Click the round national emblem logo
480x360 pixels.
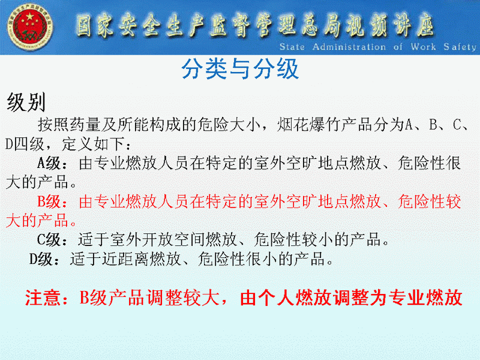click(29, 27)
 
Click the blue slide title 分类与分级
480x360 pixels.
click(240, 69)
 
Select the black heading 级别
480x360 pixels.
click(26, 102)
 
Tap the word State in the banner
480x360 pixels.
click(292, 47)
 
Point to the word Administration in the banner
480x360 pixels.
click(349, 47)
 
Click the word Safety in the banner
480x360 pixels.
click(460, 47)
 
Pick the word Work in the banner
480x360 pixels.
click(423, 47)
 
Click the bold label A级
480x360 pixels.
click(49, 163)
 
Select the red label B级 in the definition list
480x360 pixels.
click(49, 202)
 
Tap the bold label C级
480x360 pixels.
click(49, 239)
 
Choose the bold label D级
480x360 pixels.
click(41, 259)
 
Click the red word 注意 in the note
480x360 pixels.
click(43, 298)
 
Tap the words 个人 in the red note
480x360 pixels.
click(277, 298)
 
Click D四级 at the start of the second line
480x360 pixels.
click(25, 144)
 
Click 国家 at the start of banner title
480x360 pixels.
click(95, 25)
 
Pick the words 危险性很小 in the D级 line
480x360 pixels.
click(238, 259)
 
